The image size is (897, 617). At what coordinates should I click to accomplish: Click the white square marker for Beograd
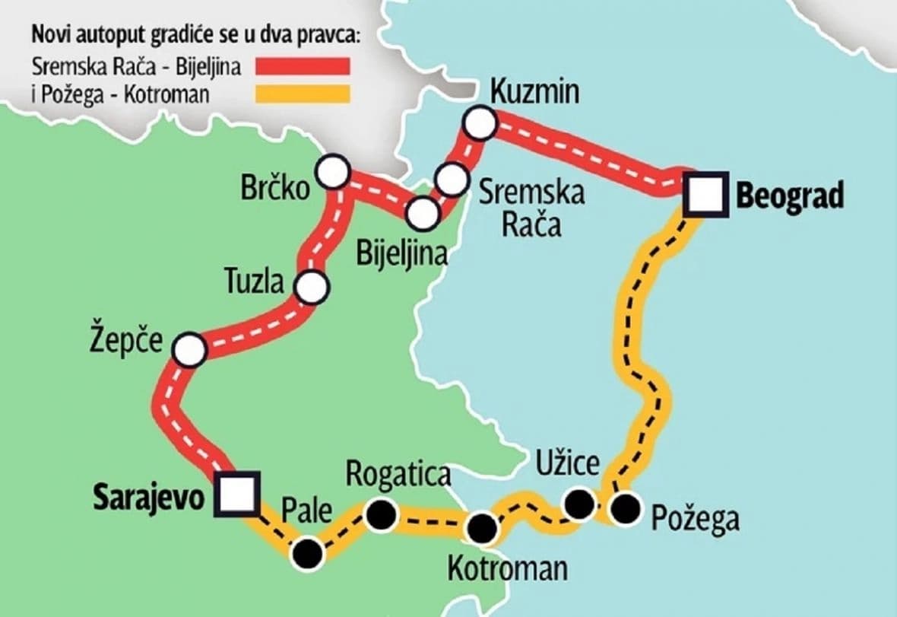[702, 196]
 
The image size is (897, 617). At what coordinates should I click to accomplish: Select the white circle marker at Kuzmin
[480, 122]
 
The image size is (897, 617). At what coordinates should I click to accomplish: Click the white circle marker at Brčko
[333, 173]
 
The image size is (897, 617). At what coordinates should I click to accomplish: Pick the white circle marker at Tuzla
[312, 288]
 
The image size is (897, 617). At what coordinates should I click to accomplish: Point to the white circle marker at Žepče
[189, 350]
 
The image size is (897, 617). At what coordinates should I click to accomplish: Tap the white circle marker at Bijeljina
[423, 213]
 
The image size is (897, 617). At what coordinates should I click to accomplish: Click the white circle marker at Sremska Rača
[452, 179]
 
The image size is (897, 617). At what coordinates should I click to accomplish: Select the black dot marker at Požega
[626, 509]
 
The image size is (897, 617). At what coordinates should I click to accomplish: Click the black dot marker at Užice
[579, 503]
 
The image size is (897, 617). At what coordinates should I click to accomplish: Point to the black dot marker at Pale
[309, 553]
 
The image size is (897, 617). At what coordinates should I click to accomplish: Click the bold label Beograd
[790, 196]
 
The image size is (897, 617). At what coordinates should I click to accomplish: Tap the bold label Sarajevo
[149, 496]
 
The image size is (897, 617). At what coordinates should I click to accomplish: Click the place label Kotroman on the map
[506, 568]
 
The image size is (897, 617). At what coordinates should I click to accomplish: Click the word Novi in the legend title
[48, 35]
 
